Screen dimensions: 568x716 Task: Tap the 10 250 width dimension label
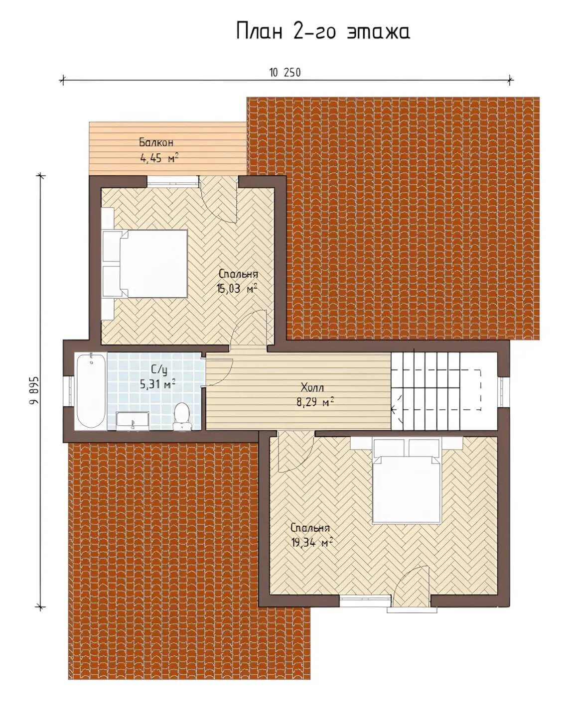(285, 73)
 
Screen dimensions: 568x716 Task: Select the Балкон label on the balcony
(156, 143)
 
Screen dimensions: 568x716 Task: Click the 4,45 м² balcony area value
(159, 158)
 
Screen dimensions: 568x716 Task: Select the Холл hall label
(312, 387)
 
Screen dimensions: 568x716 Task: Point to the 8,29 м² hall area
(315, 403)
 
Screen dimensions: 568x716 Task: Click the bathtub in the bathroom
(91, 391)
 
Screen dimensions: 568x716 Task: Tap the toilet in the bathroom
(182, 416)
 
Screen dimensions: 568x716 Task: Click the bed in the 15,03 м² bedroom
(145, 263)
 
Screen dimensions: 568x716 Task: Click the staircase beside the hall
(444, 391)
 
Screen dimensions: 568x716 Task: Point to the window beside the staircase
(503, 391)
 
